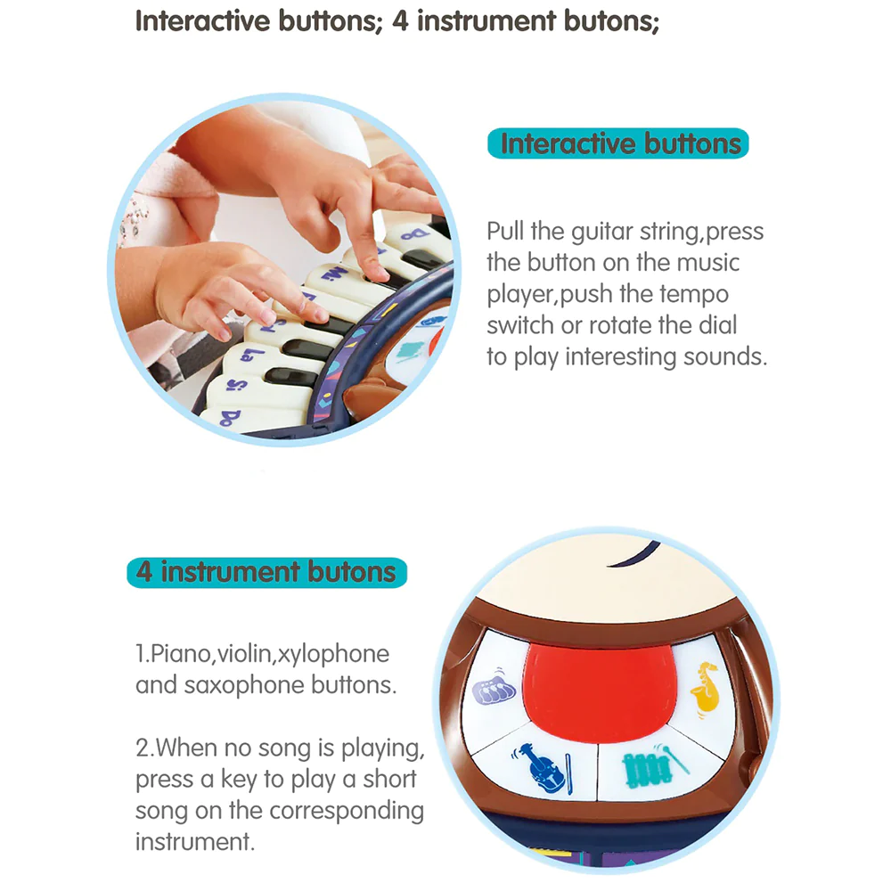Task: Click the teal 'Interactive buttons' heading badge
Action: pos(617,143)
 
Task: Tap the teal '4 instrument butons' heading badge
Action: pos(267,572)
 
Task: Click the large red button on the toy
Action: pos(600,691)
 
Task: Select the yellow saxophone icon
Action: pos(705,688)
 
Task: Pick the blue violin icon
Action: pos(541,767)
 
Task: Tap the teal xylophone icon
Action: pos(652,764)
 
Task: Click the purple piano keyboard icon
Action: pos(494,687)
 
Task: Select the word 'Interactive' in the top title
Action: pos(202,21)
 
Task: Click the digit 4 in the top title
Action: pos(400,21)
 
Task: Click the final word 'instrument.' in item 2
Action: pos(195,842)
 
